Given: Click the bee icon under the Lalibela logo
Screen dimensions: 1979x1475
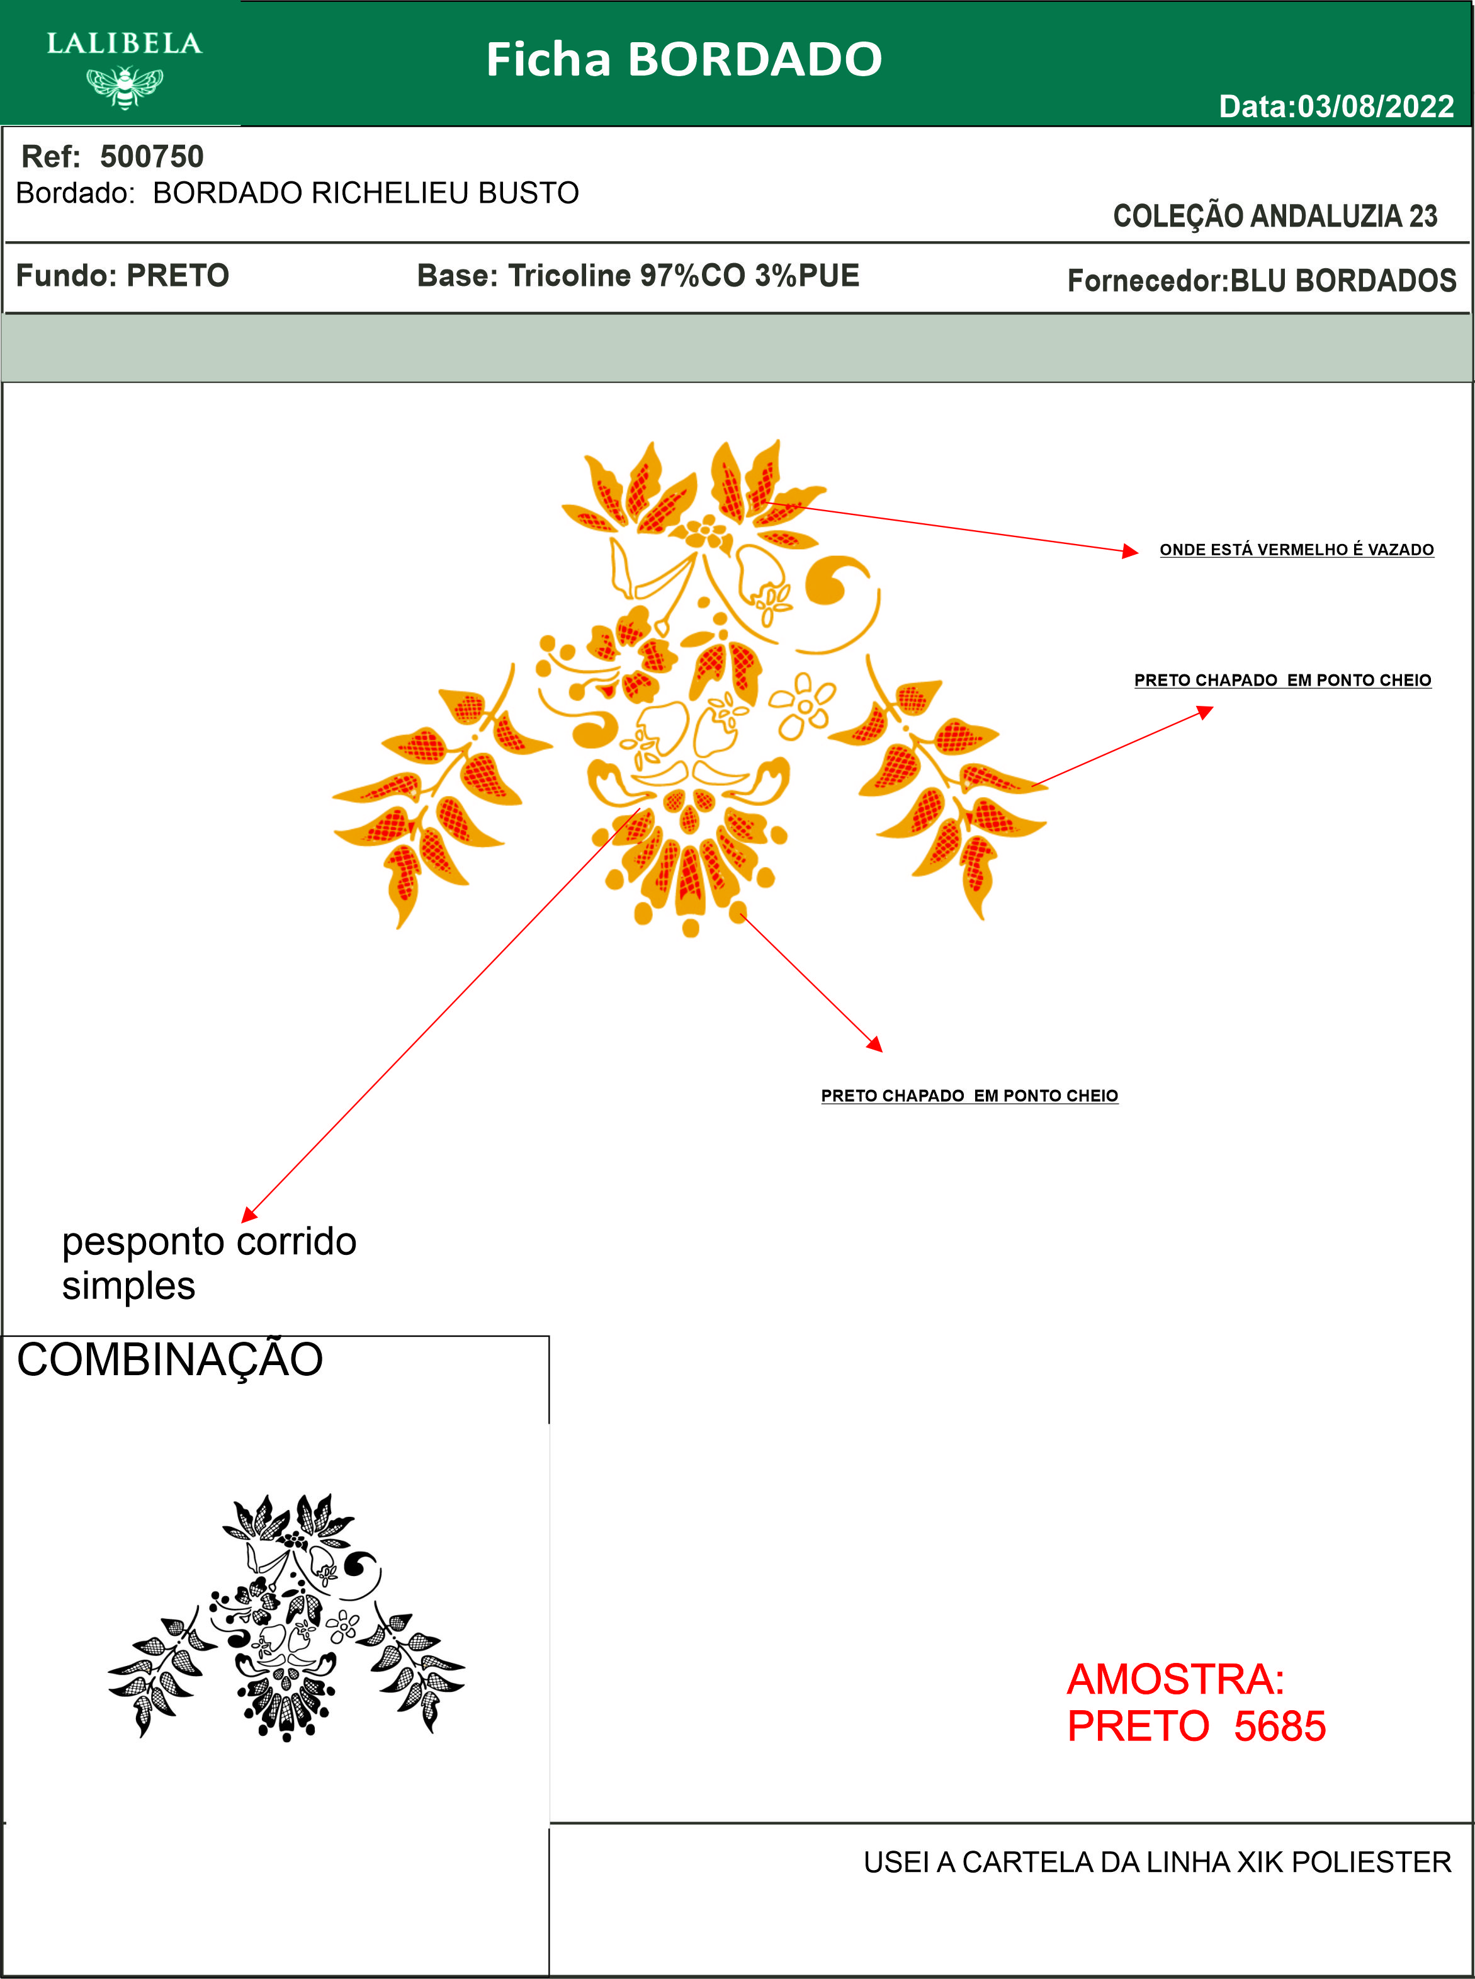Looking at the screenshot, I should [125, 87].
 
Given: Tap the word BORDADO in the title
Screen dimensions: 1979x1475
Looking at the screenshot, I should [754, 60].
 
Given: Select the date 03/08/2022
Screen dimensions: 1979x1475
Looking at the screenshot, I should [1375, 106].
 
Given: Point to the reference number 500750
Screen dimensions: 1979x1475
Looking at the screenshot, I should [152, 156].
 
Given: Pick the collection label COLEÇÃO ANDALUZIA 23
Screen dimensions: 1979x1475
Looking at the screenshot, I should [1274, 216].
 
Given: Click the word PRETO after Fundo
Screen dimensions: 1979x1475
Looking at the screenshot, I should [178, 275].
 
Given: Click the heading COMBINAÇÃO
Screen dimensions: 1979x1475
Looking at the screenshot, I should [169, 1360].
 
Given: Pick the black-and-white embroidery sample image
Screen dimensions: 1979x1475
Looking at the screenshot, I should [286, 1616].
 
